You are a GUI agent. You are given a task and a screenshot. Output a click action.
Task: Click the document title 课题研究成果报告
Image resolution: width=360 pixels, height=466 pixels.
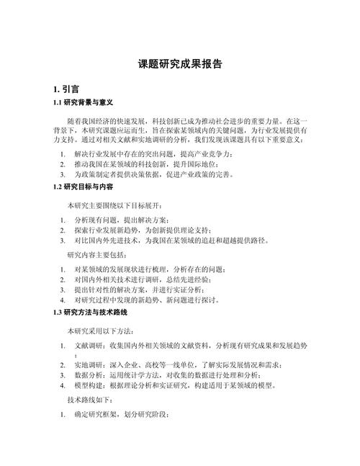(179, 64)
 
